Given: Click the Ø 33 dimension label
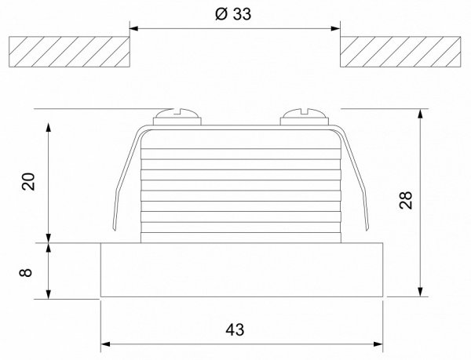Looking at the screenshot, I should click(x=235, y=16).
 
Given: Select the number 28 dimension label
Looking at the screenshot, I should click(x=405, y=202).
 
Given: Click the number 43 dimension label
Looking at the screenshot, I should click(x=235, y=329).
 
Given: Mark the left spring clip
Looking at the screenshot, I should click(x=124, y=180).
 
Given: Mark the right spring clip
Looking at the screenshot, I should click(x=360, y=180).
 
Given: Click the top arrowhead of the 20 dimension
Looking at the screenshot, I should click(x=49, y=125).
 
